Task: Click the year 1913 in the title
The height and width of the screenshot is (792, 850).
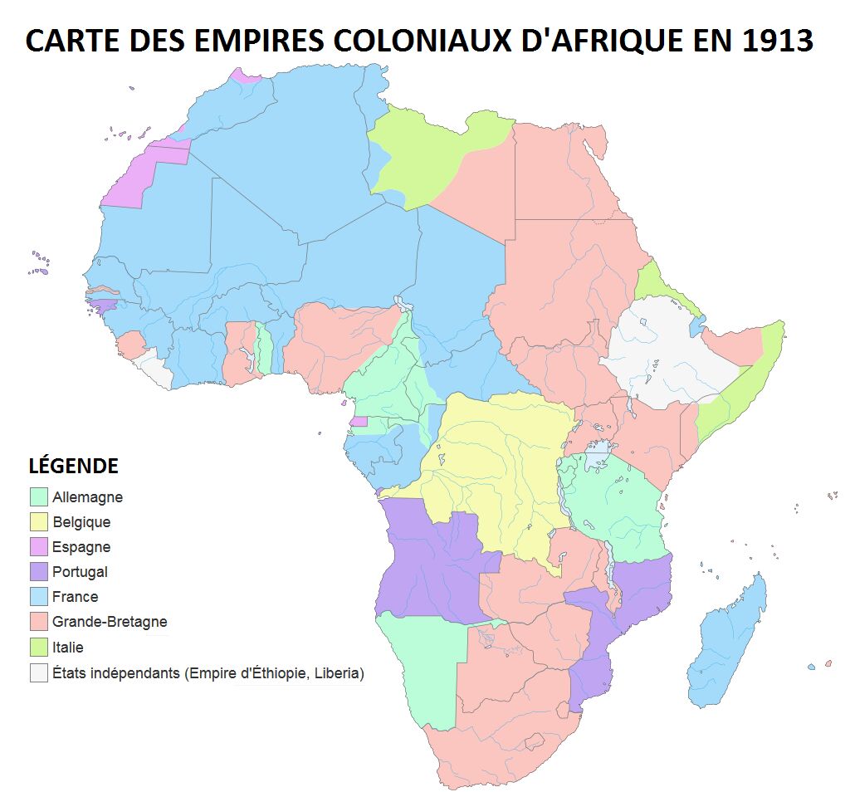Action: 770,39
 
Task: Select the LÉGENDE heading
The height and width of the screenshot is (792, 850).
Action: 73,466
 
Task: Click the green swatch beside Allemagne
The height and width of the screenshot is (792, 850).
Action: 38,497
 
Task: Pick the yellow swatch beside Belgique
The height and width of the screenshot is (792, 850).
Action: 38,522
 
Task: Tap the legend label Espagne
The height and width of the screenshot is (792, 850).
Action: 81,547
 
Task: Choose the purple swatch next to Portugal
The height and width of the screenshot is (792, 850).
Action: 38,572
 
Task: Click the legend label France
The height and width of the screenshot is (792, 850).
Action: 75,597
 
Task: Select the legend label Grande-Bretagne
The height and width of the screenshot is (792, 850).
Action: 110,622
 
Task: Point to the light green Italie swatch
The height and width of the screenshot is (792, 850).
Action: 38,647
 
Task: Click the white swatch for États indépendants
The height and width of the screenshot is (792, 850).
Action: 38,672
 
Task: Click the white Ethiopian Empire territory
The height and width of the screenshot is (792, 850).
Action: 664,353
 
